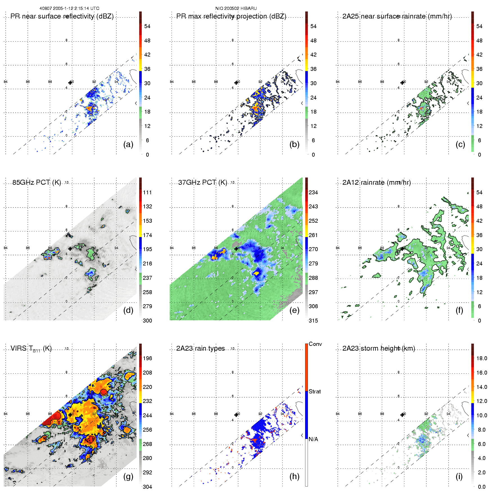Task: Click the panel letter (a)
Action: click(128, 145)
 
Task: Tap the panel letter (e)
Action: click(294, 310)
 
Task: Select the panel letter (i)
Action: click(459, 476)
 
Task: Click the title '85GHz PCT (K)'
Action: click(37, 182)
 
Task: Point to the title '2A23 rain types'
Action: click(200, 348)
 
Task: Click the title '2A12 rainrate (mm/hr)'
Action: click(377, 182)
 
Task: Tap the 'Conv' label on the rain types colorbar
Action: click(315, 344)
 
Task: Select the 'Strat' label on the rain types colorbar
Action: click(315, 392)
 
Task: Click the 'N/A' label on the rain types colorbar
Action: click(313, 439)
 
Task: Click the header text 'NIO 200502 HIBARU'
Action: click(236, 8)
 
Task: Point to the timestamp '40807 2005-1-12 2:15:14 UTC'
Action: click(69, 8)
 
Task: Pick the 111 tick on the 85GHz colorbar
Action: click(147, 193)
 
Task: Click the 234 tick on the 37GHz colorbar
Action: click(313, 193)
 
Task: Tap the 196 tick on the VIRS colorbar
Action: click(147, 359)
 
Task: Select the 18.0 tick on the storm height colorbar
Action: click(482, 359)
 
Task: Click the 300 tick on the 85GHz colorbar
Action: click(147, 321)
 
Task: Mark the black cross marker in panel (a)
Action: click(70, 83)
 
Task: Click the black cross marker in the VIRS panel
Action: click(70, 415)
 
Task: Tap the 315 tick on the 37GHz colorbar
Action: click(313, 321)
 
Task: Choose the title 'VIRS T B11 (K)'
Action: click(31, 349)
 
